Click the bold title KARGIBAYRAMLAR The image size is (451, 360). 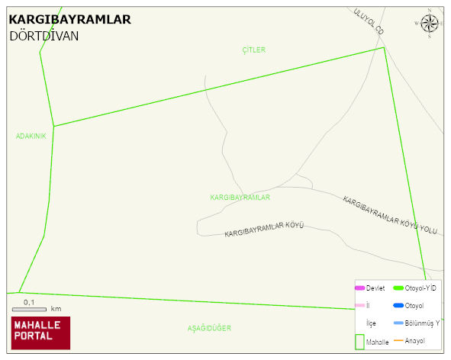point(69,19)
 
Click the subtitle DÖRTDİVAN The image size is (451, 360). point(44,35)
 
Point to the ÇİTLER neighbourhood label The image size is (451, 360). point(253,50)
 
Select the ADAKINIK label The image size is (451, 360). point(31,136)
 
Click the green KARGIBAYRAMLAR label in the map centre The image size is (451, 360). point(240,197)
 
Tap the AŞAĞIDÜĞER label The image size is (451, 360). point(209,328)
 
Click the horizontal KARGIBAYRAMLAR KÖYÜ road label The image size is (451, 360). point(264,229)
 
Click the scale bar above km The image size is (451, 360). point(29,310)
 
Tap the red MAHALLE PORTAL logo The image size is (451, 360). point(40,333)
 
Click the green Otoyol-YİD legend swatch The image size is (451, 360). point(398,288)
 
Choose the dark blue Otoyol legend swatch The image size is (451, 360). point(398,305)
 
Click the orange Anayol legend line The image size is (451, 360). point(398,340)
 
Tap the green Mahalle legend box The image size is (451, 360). point(359,342)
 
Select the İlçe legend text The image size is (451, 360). point(371,323)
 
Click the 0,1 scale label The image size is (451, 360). point(29,302)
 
